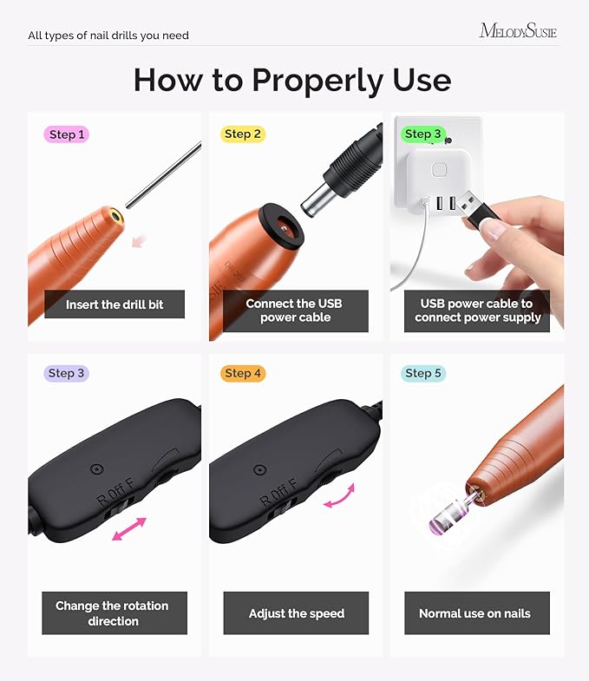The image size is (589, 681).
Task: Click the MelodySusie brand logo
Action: point(518,31)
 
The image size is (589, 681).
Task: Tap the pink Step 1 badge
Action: point(67,134)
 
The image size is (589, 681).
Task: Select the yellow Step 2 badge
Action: point(242,134)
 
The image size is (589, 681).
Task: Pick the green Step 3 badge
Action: point(422,134)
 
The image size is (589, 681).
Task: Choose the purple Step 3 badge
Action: point(67,373)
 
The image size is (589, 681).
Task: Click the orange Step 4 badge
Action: point(243,373)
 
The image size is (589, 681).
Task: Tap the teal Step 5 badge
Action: point(423,373)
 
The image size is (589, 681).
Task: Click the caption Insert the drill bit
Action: point(115,304)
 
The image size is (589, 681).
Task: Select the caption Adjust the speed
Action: point(296,613)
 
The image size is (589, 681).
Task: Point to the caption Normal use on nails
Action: point(474,613)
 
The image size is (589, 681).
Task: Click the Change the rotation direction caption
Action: point(112,613)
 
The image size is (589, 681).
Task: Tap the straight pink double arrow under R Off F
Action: point(129,529)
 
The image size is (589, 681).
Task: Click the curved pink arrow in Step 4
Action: point(338,496)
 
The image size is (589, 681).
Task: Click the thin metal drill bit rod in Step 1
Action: point(165,177)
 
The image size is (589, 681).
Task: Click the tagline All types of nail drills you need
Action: point(108,36)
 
